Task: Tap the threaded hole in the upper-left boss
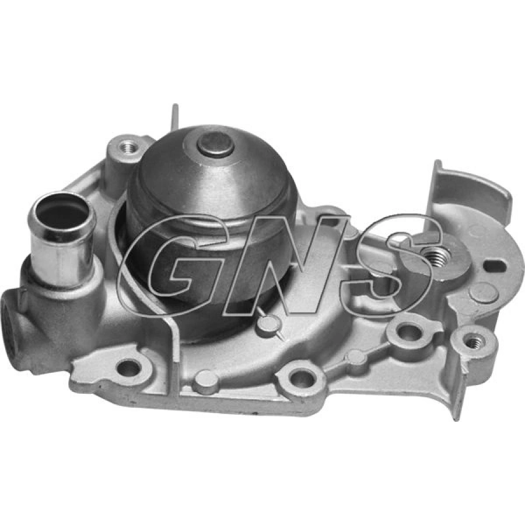[130, 146]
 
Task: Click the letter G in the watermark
[174, 264]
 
